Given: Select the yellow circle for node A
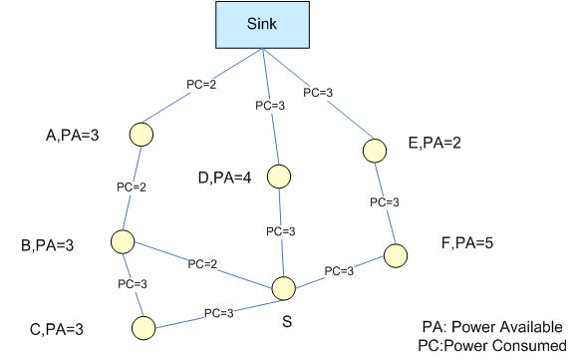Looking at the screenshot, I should [143, 133].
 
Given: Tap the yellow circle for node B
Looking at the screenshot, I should [124, 241].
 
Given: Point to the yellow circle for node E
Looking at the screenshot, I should [374, 150].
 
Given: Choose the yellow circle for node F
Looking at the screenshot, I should [398, 254].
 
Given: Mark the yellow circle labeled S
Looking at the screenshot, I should [283, 289].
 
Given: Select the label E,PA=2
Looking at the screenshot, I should [436, 144].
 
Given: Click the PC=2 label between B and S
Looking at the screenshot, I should [203, 264].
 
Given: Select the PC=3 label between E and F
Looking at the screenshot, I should [386, 201].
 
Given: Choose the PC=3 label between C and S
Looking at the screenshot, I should [220, 312].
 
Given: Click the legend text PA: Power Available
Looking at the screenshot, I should [491, 326].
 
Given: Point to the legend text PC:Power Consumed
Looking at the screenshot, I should [491, 345].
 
